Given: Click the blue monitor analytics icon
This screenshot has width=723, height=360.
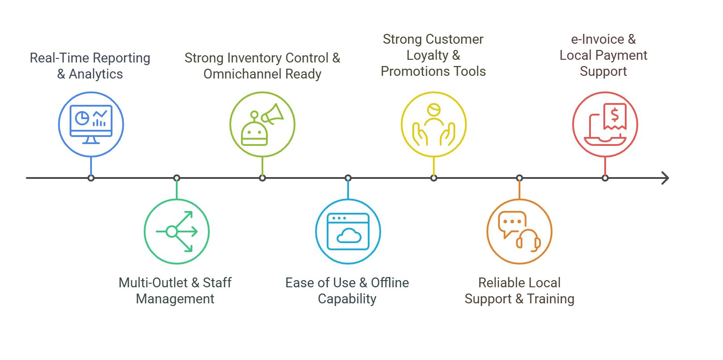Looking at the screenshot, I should (91, 124).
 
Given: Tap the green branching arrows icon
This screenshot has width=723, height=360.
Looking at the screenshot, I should (177, 232).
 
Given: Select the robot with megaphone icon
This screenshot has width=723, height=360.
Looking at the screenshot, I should (262, 124).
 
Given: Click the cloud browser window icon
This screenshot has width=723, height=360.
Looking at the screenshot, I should (348, 232).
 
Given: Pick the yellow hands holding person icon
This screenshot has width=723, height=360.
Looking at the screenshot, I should (434, 124).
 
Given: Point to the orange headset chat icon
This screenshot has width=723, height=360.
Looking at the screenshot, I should (519, 232).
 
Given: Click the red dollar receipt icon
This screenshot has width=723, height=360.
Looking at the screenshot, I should (605, 124).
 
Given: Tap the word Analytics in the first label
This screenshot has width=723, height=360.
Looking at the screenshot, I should (96, 74).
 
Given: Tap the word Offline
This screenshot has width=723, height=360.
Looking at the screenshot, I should (390, 283).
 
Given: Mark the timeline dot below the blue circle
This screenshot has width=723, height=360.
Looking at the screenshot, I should (91, 178).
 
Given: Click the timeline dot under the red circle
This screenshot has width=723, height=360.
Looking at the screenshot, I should (605, 178).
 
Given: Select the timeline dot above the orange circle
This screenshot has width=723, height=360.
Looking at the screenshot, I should (519, 178).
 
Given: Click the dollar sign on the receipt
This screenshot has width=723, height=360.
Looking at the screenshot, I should (615, 115).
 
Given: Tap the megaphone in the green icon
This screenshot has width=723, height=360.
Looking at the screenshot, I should (273, 114).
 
